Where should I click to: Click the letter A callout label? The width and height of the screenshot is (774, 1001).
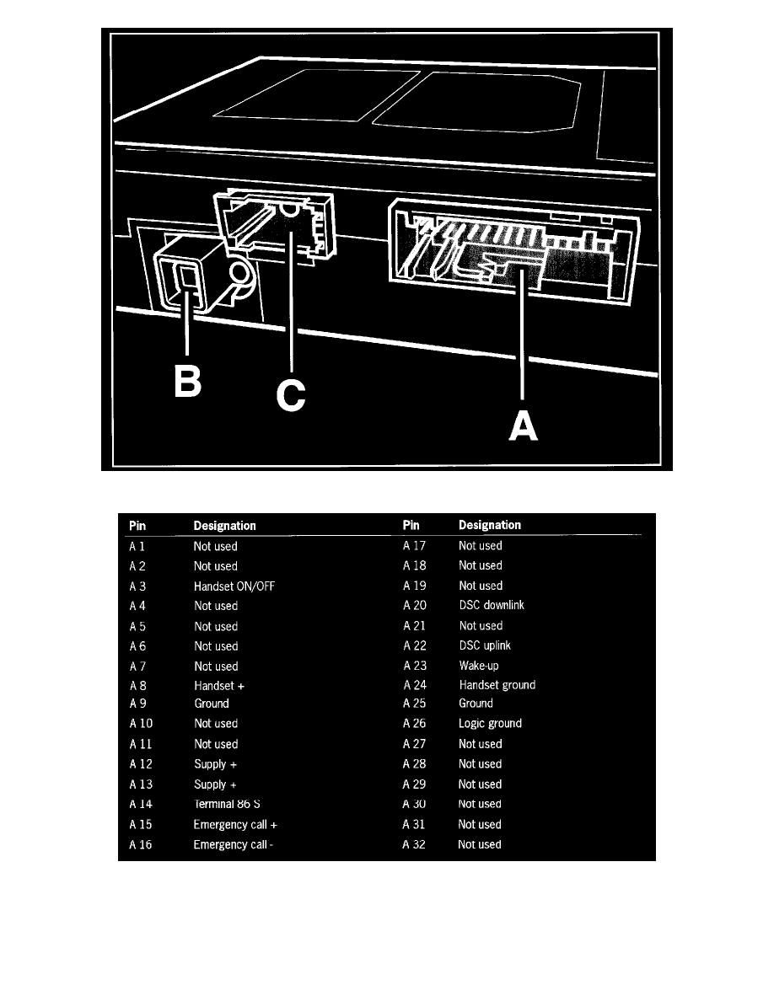click(523, 426)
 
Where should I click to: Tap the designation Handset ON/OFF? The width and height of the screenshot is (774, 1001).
click(234, 586)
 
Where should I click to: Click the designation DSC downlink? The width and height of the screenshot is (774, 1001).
click(492, 605)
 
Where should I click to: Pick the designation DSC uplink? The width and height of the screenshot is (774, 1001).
click(485, 645)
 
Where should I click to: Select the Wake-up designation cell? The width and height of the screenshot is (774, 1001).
click(479, 665)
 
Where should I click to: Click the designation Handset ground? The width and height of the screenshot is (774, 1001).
click(497, 685)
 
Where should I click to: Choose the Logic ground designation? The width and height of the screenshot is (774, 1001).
click(491, 723)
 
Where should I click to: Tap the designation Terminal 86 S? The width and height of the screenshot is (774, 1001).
click(227, 804)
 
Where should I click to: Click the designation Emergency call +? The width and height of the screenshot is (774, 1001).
click(235, 824)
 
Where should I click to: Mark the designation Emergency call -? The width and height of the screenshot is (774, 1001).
click(233, 844)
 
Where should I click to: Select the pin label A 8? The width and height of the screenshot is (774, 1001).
click(138, 686)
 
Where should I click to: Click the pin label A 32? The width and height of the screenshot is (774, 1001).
click(414, 844)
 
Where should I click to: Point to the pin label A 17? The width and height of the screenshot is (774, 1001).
click(414, 546)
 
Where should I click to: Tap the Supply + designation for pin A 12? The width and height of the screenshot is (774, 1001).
click(215, 764)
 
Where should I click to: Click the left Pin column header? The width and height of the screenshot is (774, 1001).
click(137, 526)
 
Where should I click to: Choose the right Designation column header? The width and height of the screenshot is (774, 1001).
click(490, 525)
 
